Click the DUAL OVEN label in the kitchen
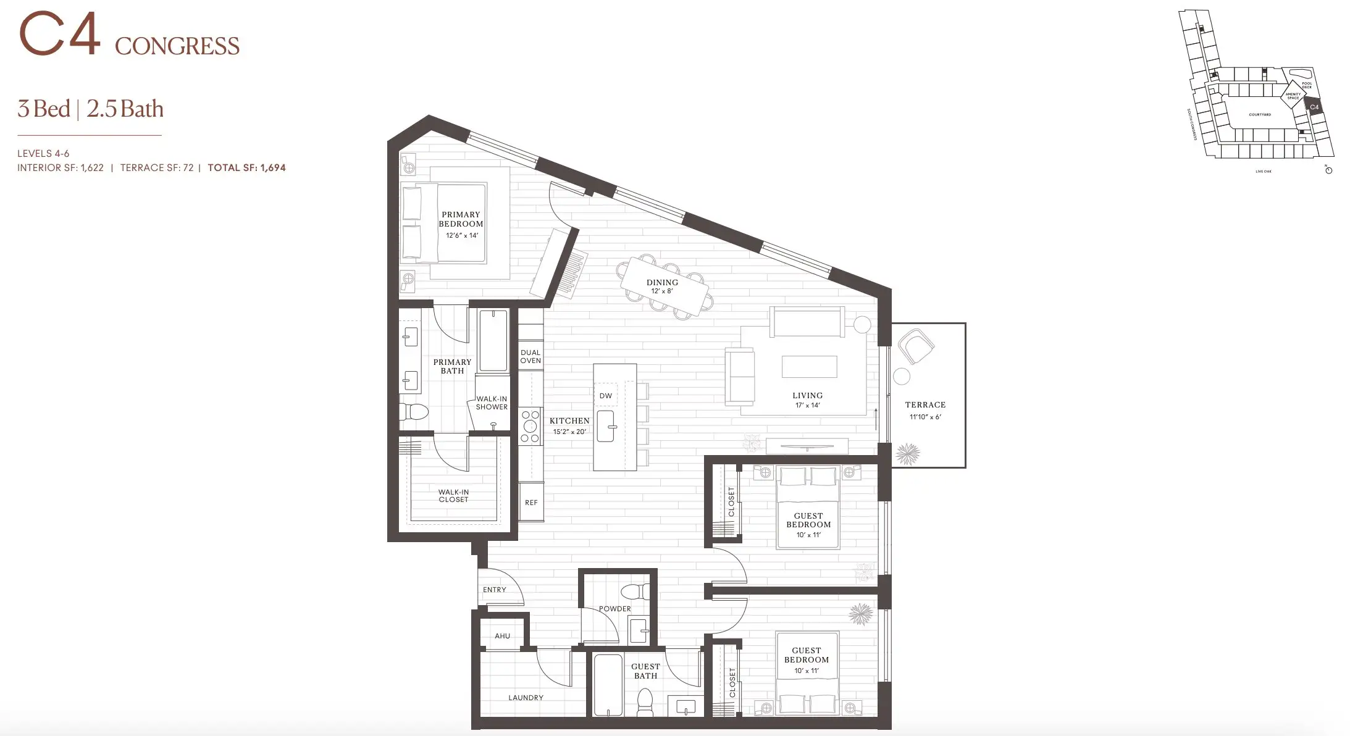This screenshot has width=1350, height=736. coord(530,356)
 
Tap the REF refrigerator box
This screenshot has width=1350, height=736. coord(531,503)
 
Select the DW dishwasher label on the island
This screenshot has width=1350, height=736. coord(606,396)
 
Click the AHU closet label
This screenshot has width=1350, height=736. coord(502,636)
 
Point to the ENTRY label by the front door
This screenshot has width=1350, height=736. coord(495,590)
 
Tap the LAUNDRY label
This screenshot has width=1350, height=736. coord(526,698)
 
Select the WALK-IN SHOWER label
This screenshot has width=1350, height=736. coord(492,403)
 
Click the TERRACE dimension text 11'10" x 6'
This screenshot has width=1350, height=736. coord(924,417)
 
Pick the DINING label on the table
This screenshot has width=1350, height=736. coord(662,282)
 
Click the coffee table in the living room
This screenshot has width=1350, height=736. coord(809,366)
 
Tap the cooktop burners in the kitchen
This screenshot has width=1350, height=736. coord(530,427)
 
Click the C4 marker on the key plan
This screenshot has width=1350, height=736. coord(1314,107)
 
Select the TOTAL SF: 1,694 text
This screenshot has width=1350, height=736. coord(246,167)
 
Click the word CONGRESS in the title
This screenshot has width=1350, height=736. coord(177,46)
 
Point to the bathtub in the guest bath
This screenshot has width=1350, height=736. coord(608,685)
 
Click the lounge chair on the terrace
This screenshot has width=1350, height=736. coord(915,346)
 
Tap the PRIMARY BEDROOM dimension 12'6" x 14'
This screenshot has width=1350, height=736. coord(461,235)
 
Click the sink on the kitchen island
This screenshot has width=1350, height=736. coord(606,426)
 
